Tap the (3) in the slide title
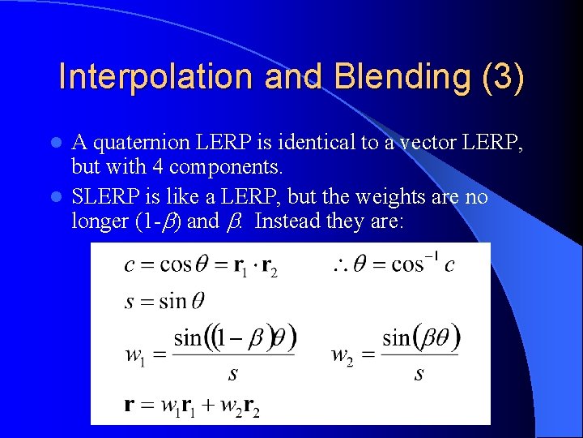502,78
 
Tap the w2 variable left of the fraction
341,354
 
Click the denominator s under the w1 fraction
234,374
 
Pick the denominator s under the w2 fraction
419,374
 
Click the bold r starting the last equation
129,405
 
